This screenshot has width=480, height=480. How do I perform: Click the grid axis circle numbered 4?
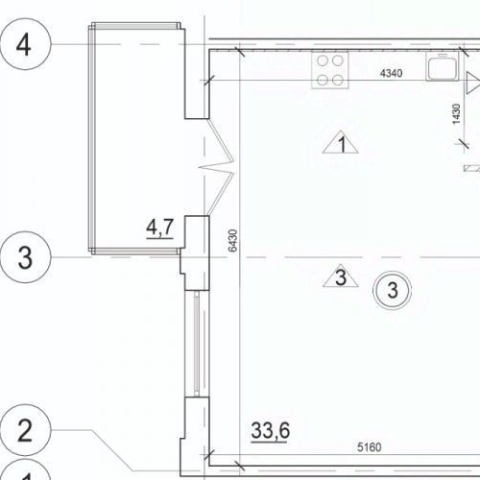(x=27, y=46)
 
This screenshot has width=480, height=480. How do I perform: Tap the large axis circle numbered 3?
(x=27, y=258)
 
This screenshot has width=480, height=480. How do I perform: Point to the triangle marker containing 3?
(x=339, y=278)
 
